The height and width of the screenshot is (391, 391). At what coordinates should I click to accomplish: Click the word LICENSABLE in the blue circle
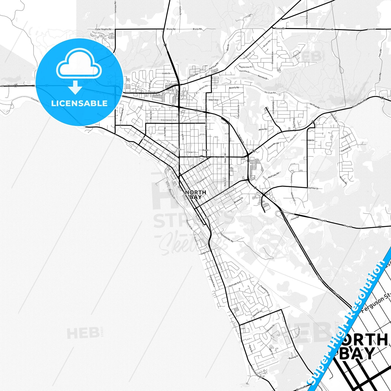[x=79, y=103]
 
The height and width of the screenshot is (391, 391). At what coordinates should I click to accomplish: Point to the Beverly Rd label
[x=234, y=88]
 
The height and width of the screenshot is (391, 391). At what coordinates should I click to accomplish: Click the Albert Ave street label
[x=213, y=100]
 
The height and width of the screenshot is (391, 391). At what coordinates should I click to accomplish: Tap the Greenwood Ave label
[x=168, y=120]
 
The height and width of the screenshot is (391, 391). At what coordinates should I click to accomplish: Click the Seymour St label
[x=313, y=188]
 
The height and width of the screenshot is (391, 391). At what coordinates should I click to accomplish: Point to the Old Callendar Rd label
[x=227, y=237]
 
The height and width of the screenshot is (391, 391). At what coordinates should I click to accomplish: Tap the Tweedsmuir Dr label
[x=265, y=290]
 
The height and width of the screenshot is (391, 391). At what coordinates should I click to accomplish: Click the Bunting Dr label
[x=293, y=358]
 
